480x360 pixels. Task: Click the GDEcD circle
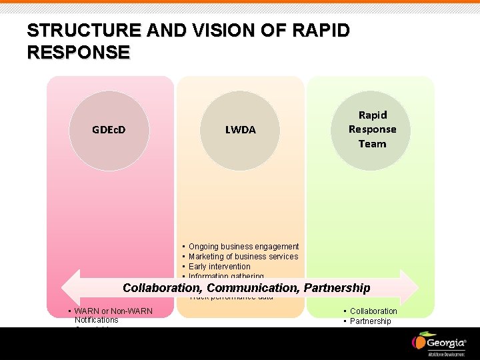point(109,129)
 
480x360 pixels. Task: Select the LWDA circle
point(240,129)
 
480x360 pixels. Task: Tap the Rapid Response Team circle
point(372,129)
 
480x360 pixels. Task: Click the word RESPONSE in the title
point(78,53)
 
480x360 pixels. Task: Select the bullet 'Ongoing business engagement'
point(243,247)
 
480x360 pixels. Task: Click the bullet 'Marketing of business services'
point(243,257)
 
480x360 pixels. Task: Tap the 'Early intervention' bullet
point(219,267)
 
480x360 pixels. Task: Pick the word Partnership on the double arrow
point(337,288)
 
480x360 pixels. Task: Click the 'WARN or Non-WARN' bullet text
point(113,311)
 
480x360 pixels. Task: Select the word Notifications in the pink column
point(97,320)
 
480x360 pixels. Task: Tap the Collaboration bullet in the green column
point(373,311)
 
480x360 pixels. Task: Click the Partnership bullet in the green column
point(371,321)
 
